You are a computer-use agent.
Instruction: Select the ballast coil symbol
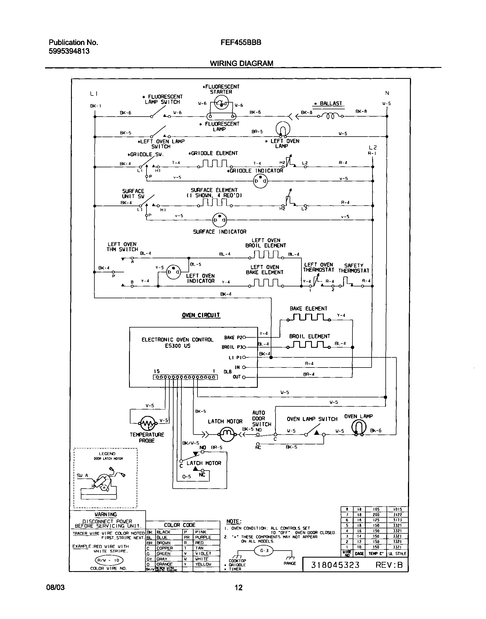pos(330,116)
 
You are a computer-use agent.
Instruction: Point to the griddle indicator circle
pos(260,181)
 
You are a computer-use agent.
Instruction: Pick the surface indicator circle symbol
pos(219,220)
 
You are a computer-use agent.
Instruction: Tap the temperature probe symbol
pos(148,424)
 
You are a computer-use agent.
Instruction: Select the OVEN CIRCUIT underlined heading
pos(201,315)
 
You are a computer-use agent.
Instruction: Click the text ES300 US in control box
pos(177,346)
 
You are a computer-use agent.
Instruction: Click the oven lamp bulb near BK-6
pos(359,427)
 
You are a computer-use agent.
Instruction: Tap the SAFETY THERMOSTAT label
pos(353,268)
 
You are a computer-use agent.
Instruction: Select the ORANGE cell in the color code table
pos(165,564)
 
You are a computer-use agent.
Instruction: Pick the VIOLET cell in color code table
pos(203,553)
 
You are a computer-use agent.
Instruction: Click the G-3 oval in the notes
pos(264,551)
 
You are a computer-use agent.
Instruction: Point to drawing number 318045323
pos(335,565)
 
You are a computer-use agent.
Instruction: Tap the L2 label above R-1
pos(372,147)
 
